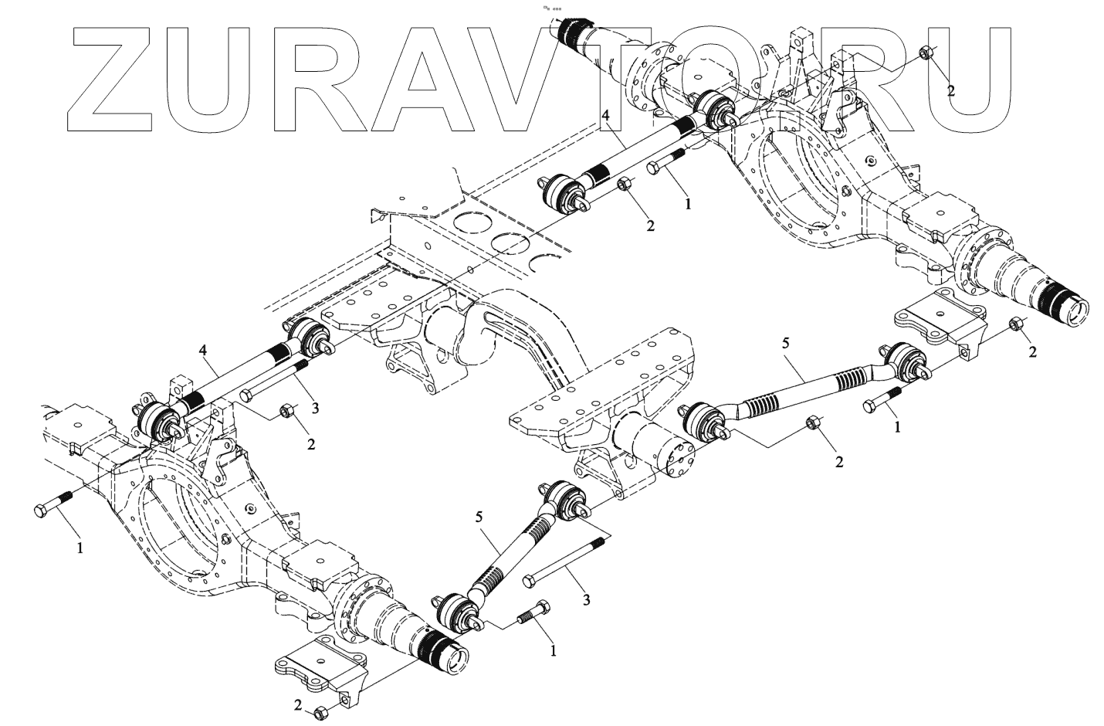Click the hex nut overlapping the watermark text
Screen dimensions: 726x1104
(926, 53)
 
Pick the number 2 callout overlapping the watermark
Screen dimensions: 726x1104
(951, 90)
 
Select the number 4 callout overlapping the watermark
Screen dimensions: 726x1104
(606, 117)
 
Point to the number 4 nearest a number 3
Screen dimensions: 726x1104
(203, 351)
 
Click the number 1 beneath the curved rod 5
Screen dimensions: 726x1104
(896, 426)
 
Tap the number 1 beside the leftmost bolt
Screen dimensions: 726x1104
(80, 548)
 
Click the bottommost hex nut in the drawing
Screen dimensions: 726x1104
(321, 713)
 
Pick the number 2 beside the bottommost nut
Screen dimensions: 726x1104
(297, 704)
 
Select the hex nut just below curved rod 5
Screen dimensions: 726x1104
(812, 423)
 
